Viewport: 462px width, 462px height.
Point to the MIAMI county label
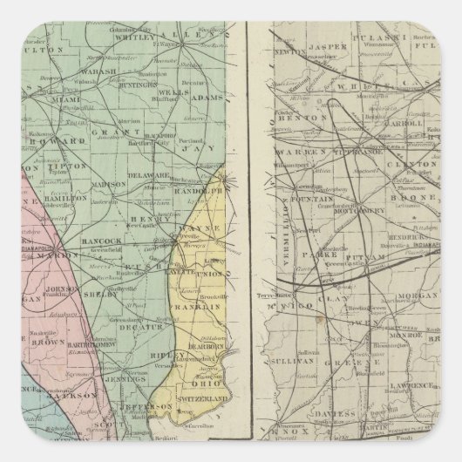pos(92,99)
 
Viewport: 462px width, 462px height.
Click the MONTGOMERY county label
pos(361,209)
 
